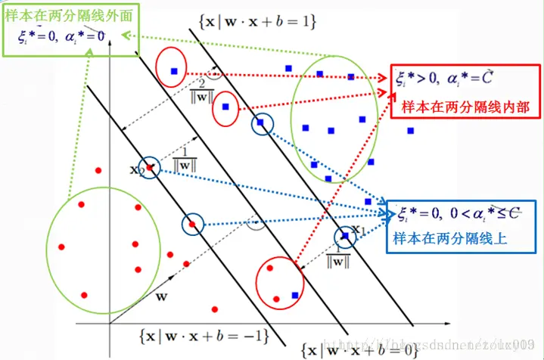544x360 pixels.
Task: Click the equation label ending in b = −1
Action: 204,334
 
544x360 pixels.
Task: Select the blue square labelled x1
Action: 344,236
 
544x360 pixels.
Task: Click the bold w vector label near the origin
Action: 160,296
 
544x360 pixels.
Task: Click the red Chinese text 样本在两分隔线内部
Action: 461,107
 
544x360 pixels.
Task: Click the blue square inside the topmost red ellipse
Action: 173,71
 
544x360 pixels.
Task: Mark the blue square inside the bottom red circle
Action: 295,294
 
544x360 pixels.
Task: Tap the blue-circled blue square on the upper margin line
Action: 261,123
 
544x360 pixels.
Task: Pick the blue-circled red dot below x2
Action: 192,224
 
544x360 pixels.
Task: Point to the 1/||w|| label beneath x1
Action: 337,257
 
